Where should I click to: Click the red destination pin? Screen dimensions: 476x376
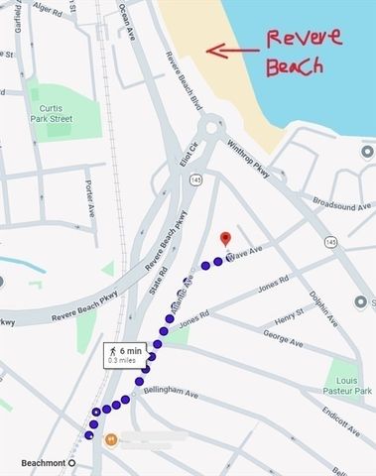[225, 238]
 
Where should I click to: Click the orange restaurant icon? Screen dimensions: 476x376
[110, 438]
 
